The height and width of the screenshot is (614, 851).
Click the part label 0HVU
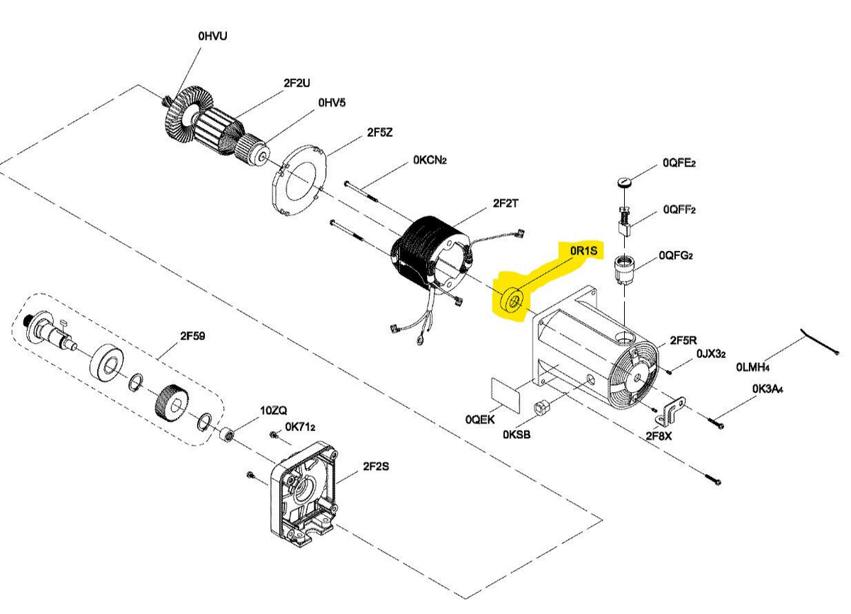coord(213,36)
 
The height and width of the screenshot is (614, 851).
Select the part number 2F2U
coord(296,83)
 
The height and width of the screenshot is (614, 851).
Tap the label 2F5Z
coord(379,133)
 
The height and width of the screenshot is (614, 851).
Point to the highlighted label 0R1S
coord(584,250)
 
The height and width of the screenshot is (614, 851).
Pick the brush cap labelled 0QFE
coord(624,182)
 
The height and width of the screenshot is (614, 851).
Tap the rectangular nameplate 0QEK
coord(505,395)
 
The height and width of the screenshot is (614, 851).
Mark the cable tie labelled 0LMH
coord(820,342)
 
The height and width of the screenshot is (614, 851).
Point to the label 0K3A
coord(767,389)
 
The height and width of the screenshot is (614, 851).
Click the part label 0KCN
coord(430,160)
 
